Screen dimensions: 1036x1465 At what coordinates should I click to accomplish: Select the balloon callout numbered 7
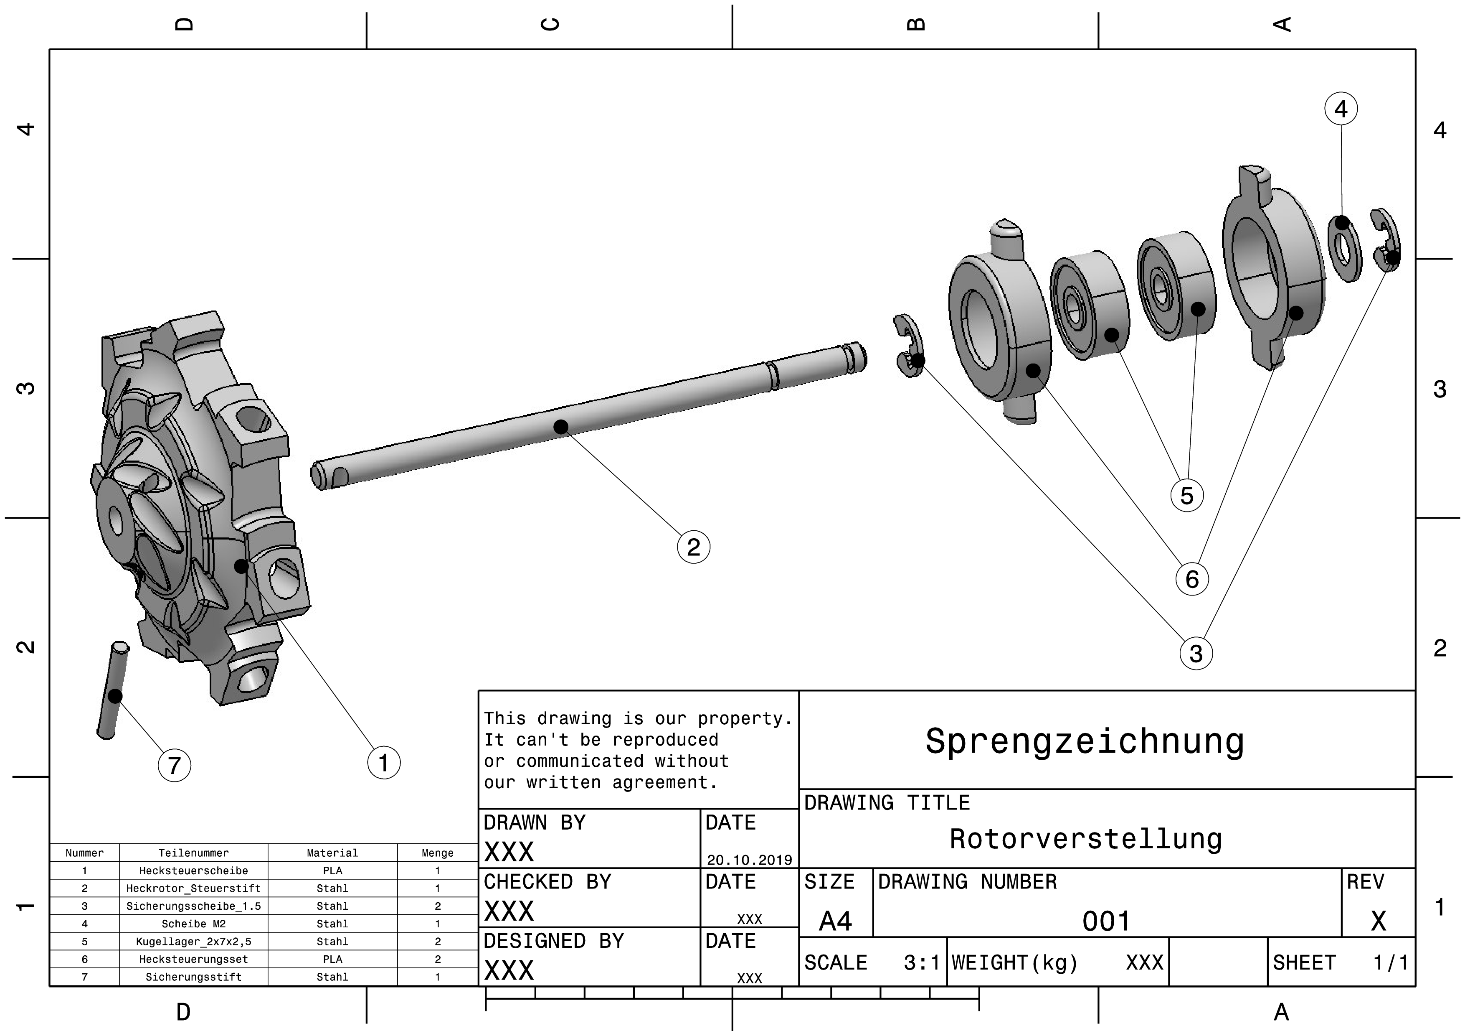point(174,765)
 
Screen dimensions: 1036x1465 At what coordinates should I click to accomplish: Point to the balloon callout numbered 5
point(1187,495)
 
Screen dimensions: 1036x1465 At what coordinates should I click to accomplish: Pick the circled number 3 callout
point(1196,653)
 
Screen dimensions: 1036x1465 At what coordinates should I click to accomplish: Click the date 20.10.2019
point(749,860)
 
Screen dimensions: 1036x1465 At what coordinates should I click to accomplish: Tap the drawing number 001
point(1106,921)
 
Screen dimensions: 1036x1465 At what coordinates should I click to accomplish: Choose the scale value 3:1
point(921,962)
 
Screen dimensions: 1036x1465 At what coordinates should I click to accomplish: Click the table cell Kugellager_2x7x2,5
point(193,942)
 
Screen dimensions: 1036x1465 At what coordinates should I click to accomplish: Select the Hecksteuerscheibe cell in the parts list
point(193,871)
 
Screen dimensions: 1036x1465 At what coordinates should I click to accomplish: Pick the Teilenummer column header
point(193,853)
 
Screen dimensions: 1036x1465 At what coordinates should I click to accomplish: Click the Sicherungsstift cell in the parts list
point(193,977)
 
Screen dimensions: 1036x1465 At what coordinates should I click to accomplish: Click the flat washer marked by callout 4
point(1344,248)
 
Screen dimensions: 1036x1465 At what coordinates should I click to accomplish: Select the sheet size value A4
point(835,921)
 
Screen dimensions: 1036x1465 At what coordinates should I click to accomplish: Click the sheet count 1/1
point(1390,962)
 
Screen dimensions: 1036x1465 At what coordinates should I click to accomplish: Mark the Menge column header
point(437,853)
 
